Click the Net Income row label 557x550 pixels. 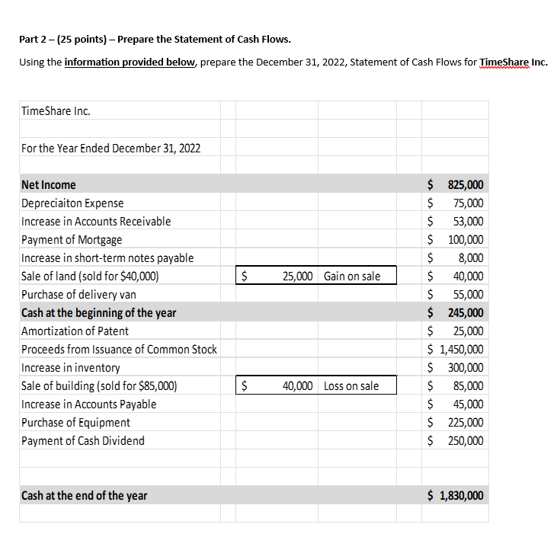[49, 185]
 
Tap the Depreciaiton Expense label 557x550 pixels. [72, 203]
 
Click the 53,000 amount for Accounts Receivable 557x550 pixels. [467, 222]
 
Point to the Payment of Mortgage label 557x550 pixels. [72, 240]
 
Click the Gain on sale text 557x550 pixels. [352, 277]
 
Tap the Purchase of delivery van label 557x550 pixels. [79, 295]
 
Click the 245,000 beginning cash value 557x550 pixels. [464, 313]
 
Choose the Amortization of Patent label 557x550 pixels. [75, 331]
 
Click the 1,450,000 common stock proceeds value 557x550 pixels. [461, 350]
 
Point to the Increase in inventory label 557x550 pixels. [71, 368]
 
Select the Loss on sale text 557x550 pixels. [351, 386]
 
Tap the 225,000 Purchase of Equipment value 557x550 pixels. [464, 423]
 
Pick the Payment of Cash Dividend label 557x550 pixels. [82, 441]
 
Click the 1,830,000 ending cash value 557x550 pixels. [461, 496]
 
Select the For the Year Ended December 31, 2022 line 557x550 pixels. [111, 148]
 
